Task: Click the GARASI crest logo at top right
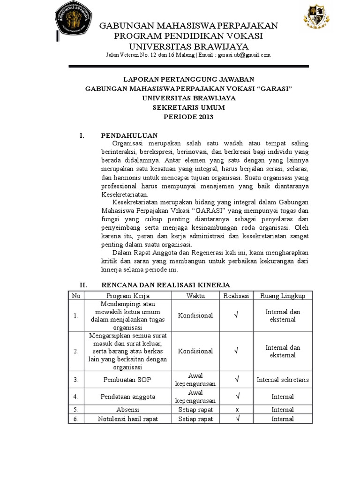tap(316, 22)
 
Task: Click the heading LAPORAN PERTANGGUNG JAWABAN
tap(189, 80)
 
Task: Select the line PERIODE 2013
tap(189, 117)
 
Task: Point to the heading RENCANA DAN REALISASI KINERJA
tap(165, 285)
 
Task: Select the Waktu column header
tap(195, 296)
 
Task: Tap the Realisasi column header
tap(236, 296)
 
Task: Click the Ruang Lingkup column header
tap(283, 296)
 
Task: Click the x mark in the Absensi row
tap(236, 409)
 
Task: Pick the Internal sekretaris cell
tap(283, 379)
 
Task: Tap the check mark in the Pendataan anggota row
tap(236, 396)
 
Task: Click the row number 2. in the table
tap(76, 351)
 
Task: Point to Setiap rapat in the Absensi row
tap(195, 409)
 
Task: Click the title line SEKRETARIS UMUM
tap(189, 107)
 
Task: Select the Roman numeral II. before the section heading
tap(83, 285)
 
